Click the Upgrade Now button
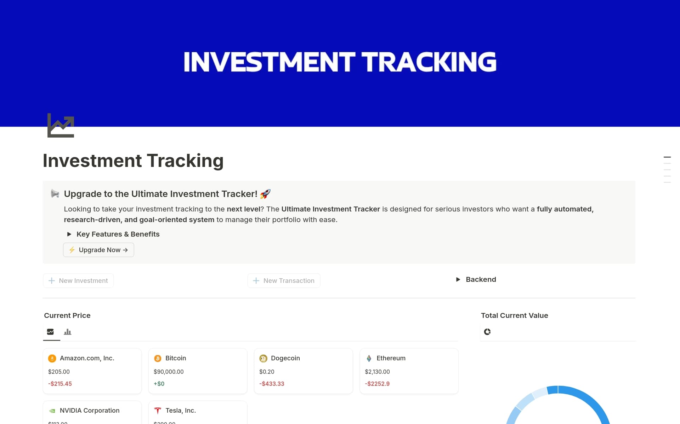98,250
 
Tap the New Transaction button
284,280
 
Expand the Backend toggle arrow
458,279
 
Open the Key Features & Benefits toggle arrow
69,234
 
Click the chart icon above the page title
61,126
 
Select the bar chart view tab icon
67,332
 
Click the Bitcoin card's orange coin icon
158,358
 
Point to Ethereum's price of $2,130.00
377,372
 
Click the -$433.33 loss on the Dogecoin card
272,384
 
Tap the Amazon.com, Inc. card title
87,358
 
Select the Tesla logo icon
158,411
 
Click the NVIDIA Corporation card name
89,411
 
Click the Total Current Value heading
514,315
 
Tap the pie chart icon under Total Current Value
487,332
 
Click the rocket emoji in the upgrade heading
265,194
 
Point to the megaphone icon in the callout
55,193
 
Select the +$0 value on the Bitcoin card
159,384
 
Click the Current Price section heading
67,315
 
